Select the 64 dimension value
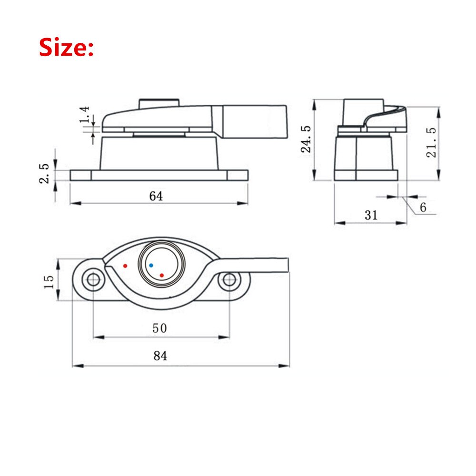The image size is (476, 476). (156, 196)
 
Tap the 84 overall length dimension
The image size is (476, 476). (160, 356)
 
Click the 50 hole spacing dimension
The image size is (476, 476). (159, 328)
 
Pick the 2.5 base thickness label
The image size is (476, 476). (44, 173)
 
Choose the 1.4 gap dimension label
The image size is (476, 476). (85, 116)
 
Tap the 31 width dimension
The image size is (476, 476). (371, 215)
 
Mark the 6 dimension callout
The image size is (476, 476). (423, 207)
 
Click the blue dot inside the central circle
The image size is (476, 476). (151, 265)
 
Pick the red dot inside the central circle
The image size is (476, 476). (162, 275)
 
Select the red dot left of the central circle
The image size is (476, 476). (125, 266)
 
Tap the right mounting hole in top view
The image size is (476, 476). (229, 280)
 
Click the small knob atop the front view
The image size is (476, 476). (158, 103)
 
